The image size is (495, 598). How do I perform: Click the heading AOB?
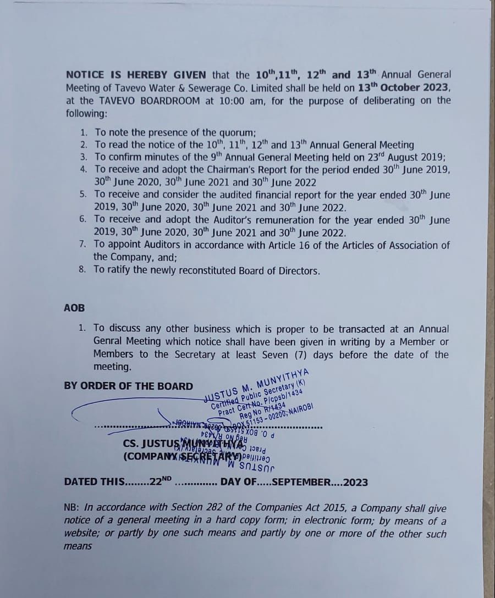74,308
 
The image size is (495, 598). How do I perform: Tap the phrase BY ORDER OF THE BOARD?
129,386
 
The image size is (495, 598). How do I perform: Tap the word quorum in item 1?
237,132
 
